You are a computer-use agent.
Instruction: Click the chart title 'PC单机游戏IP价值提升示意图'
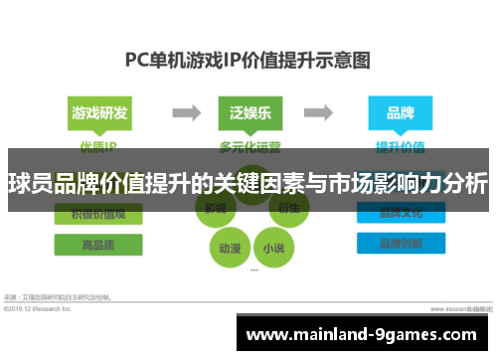pyautogui.click(x=248, y=59)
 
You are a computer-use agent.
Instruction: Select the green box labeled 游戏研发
pyautogui.click(x=98, y=112)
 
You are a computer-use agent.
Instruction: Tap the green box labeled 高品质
pyautogui.click(x=98, y=245)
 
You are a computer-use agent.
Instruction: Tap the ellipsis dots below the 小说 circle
pyautogui.click(x=255, y=270)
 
